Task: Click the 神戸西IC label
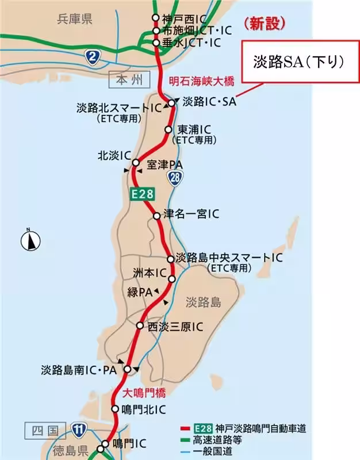[x=179, y=18]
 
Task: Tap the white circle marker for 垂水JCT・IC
[x=156, y=43]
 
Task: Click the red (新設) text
[x=264, y=24]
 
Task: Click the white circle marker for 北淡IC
[x=136, y=163]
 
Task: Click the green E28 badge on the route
[x=142, y=194]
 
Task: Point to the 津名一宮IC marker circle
[x=156, y=216]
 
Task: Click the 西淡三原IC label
[x=175, y=326]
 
